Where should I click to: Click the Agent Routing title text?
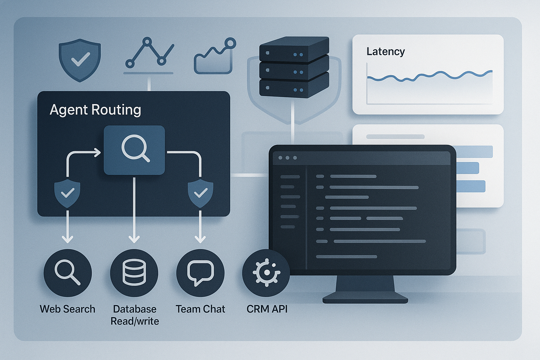pos(95,110)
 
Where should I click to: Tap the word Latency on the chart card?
pos(386,52)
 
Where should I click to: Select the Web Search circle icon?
pos(67,273)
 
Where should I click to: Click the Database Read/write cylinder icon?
pos(134,273)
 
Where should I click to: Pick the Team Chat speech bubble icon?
pos(200,273)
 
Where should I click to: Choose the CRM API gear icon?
pos(266,273)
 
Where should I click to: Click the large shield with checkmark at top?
pos(80,60)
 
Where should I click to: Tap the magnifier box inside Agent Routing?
pos(134,150)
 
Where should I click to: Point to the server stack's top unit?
pos(294,49)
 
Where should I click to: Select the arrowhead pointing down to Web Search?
pos(67,239)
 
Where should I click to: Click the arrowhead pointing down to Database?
pos(134,239)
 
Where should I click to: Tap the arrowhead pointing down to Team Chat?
pos(200,239)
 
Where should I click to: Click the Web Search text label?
pos(67,309)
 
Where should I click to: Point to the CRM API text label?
pos(267,309)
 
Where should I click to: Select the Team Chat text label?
pos(200,309)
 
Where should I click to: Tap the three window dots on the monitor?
pos(288,158)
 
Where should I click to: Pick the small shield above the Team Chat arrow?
pos(200,193)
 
